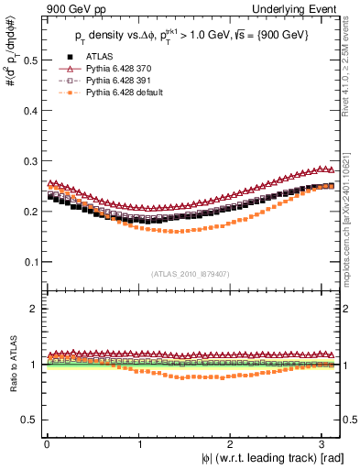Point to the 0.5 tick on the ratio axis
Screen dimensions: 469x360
(27, 420)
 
